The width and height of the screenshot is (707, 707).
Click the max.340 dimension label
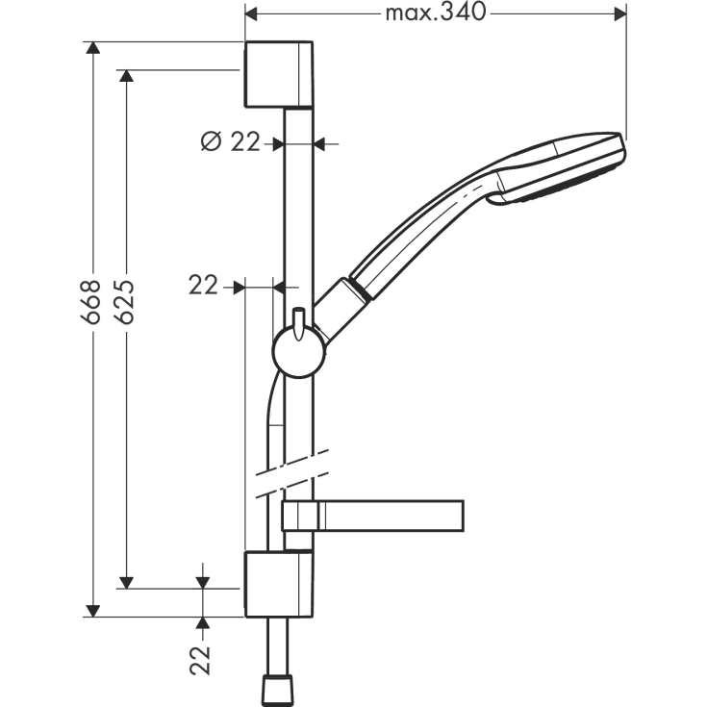coord(436,13)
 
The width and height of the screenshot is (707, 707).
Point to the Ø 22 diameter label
coord(230,142)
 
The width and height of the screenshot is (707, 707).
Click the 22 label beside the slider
coord(203,285)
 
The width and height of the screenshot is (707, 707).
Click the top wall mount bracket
coord(278,74)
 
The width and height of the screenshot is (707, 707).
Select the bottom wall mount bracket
coord(278,584)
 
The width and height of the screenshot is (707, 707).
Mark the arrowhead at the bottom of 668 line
coord(92,610)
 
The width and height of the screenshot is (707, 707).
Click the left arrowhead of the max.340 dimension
coord(252,13)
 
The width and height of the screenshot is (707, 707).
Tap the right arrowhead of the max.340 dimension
coord(619,13)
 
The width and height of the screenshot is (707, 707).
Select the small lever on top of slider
coord(299,318)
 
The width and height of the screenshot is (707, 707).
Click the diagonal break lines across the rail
coord(293,471)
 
